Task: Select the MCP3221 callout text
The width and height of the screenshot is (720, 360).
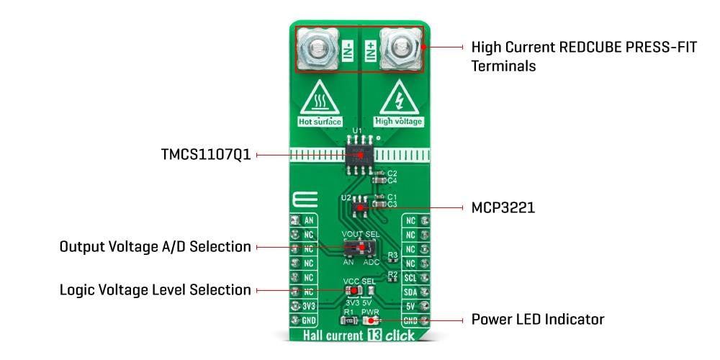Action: click(x=503, y=207)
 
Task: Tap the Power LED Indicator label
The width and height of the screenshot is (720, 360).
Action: click(x=537, y=318)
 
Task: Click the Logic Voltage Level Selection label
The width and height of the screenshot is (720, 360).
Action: click(x=155, y=290)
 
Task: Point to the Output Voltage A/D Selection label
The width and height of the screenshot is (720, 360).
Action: click(x=155, y=247)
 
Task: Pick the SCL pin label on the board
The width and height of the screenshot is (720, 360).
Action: click(x=410, y=276)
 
